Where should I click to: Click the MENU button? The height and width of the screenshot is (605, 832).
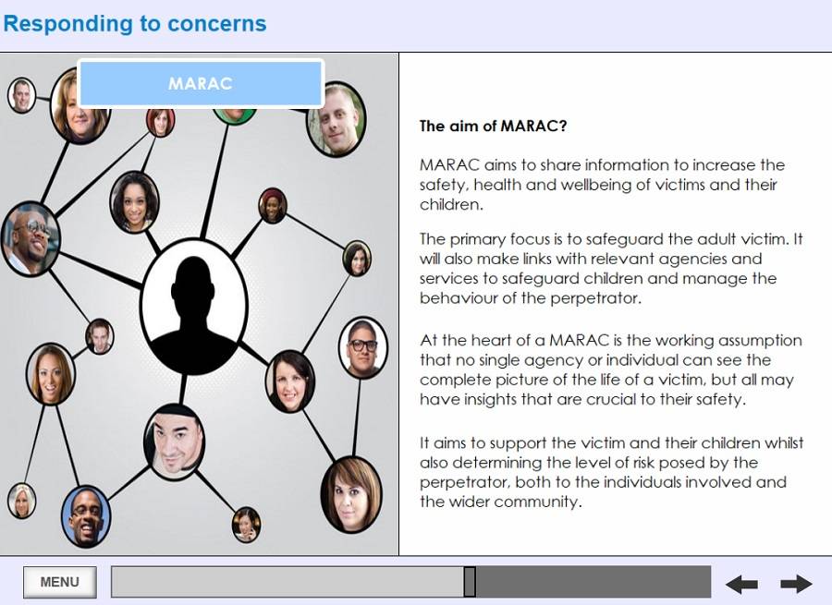[60, 582]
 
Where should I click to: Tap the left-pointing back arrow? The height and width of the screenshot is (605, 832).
[741, 585]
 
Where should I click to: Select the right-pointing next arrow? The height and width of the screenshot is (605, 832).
[796, 585]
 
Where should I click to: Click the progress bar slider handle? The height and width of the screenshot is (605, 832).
[470, 582]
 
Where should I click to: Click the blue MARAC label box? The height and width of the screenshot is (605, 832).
[201, 84]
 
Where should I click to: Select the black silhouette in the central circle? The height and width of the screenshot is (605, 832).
[194, 314]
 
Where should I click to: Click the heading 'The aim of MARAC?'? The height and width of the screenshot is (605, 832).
[493, 126]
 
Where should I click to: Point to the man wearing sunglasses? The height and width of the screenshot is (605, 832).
[30, 238]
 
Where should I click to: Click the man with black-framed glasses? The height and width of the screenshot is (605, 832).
[363, 347]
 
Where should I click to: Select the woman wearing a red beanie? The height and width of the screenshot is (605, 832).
[273, 205]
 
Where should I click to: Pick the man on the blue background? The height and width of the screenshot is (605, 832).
[86, 516]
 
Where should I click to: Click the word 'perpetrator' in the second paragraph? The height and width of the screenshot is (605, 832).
[594, 298]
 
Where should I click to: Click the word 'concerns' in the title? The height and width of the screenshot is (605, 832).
[217, 24]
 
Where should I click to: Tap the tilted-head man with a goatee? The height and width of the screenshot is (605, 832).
[175, 442]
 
